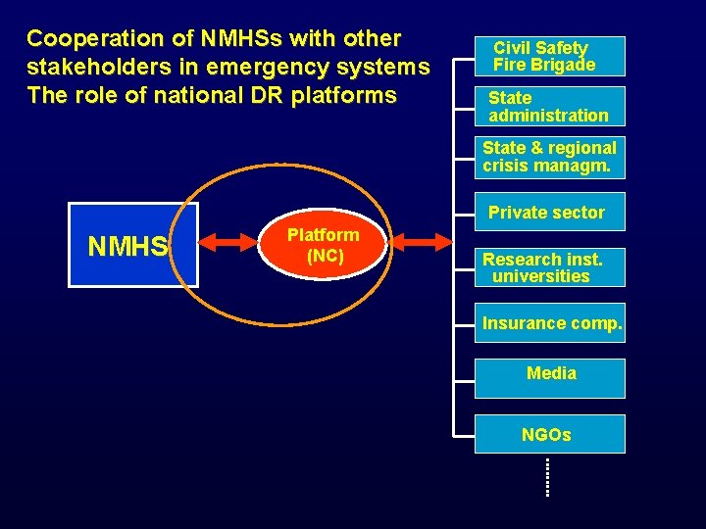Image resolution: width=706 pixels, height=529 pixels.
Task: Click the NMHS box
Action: coord(132,245)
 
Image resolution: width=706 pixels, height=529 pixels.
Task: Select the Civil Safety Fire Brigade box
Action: coord(549,56)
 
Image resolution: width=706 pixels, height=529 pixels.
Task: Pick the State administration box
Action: coord(549,106)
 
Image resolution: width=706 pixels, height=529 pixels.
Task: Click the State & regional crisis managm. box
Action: coord(549,157)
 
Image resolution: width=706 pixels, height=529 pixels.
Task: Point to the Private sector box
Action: coord(547,213)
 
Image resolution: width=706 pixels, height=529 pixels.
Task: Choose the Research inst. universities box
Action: coord(549,267)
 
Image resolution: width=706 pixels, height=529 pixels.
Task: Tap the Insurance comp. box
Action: coord(551,323)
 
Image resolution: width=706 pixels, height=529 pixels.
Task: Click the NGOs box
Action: coord(549,434)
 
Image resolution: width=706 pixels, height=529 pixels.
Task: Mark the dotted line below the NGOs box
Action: coord(547,477)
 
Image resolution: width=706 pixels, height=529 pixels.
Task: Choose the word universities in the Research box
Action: coord(541,276)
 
